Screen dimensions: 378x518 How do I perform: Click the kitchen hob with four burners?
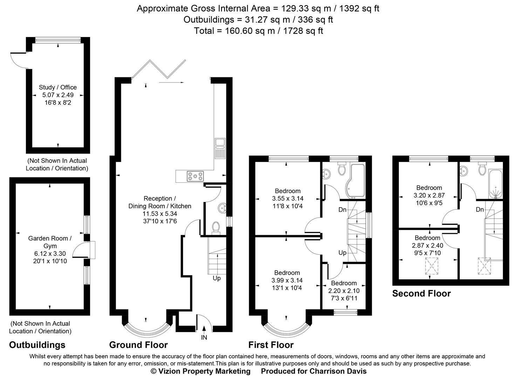[x=195, y=176]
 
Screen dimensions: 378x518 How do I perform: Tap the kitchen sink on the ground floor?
[x=220, y=148]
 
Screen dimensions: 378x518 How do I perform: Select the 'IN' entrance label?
[x=204, y=337]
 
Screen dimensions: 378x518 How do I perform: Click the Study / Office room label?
[x=57, y=87]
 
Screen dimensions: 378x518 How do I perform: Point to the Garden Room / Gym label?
[x=50, y=242]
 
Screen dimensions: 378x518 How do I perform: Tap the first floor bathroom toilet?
[x=342, y=169]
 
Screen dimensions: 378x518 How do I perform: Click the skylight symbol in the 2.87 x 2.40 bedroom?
[x=432, y=266]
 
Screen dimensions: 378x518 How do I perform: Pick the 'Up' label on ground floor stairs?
[x=217, y=279]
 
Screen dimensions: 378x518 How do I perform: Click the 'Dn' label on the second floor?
[x=480, y=210]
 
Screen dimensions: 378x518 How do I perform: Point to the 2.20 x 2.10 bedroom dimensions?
[x=344, y=290]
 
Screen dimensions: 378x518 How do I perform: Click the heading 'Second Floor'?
[x=421, y=293]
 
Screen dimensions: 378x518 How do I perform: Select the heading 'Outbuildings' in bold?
[x=37, y=345]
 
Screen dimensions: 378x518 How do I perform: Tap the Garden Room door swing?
[x=80, y=250]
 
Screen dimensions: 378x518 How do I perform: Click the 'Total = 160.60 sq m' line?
[x=258, y=31]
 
